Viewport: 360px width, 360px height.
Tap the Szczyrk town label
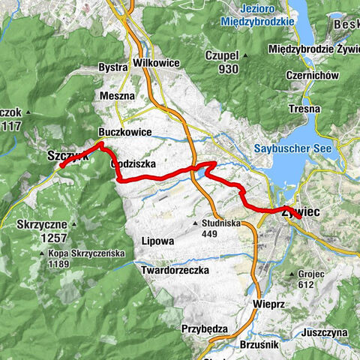[67, 156]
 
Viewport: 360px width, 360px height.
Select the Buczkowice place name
[124, 132]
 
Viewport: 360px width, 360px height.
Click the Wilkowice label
[156, 63]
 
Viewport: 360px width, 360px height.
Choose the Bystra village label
[113, 67]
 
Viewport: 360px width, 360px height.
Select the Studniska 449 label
[218, 227]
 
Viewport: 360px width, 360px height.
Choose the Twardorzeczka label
[174, 269]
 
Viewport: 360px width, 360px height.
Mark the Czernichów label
[314, 75]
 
